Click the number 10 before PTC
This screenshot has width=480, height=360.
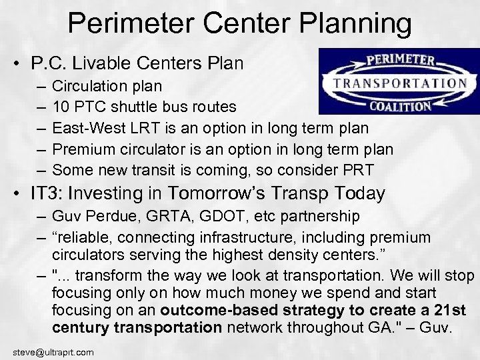click(60, 108)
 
